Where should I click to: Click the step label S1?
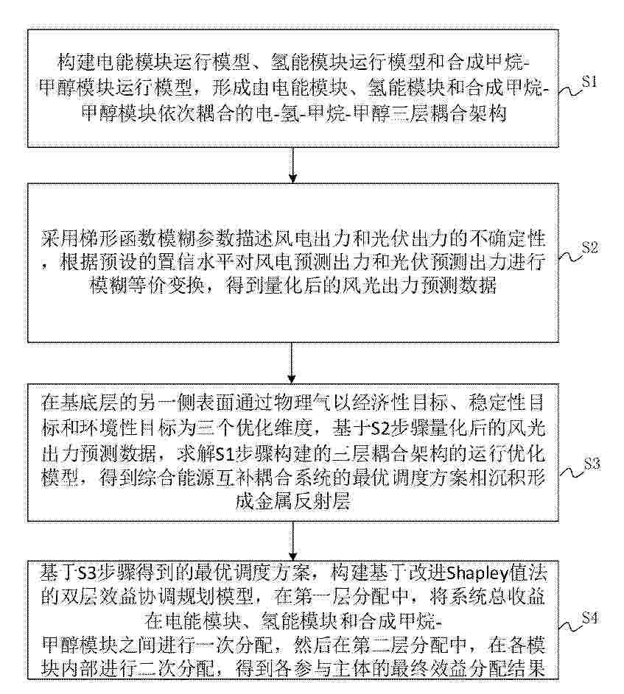589,82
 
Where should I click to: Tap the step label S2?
590,247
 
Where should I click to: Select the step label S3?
592,464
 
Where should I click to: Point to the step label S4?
590,617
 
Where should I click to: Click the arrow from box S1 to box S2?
292,165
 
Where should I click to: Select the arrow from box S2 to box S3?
292,363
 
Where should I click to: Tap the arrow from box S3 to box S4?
292,541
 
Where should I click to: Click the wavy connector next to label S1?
569,91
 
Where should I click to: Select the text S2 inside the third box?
380,428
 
